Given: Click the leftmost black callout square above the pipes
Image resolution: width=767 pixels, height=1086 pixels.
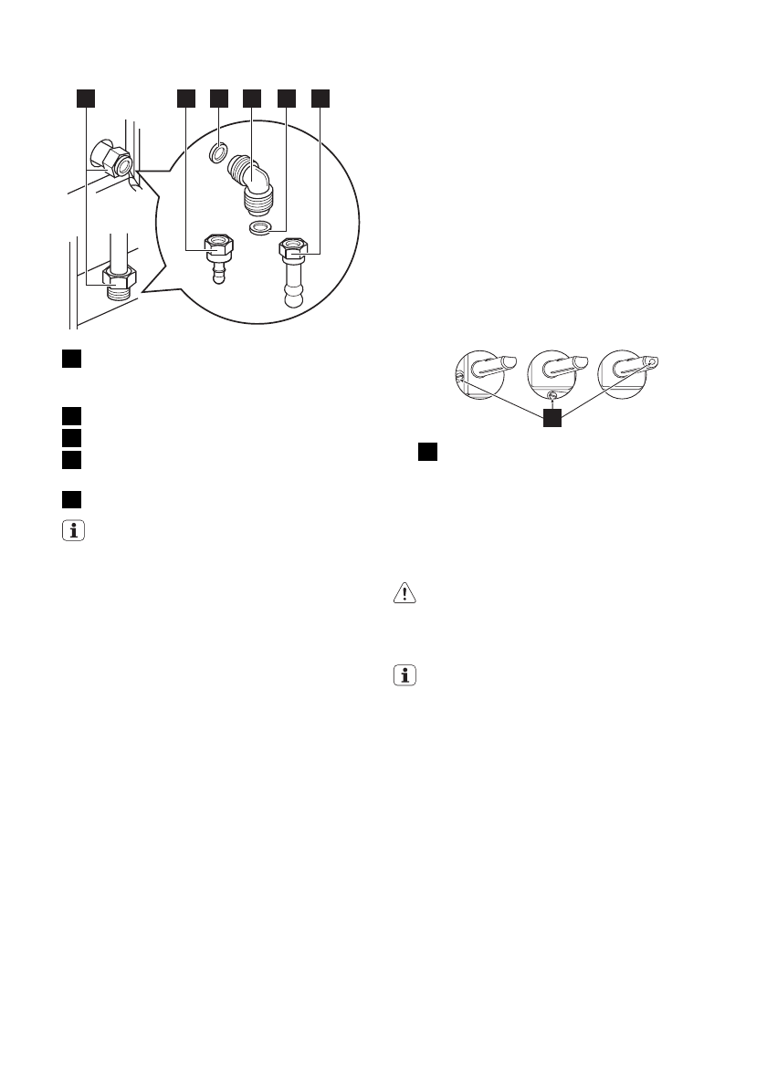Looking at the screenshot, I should (x=85, y=99).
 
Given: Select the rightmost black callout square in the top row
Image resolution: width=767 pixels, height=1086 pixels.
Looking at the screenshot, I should (x=320, y=99).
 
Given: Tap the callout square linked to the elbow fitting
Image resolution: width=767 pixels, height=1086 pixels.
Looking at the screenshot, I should (x=252, y=99).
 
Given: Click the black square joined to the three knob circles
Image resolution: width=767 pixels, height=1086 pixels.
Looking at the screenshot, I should (x=551, y=419).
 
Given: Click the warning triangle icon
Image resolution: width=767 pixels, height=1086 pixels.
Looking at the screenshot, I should (x=402, y=593).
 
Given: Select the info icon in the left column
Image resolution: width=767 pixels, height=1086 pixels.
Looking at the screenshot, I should (x=71, y=530).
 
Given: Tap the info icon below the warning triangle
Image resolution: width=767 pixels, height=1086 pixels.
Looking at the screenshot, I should (x=402, y=676).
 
